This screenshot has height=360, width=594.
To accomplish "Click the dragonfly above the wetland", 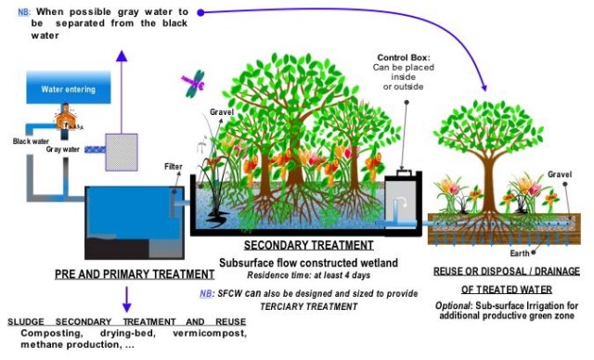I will click(194, 85).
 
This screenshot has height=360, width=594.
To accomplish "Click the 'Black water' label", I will click(32, 141).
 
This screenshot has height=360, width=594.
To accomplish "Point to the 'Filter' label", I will click(174, 166).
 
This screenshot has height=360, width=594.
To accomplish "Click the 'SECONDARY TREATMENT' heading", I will click(295, 246).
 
